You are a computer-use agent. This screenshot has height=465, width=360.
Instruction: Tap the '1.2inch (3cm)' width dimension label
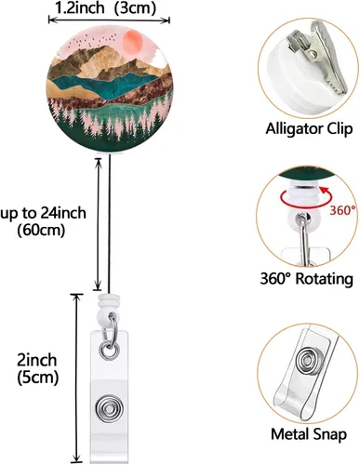105,8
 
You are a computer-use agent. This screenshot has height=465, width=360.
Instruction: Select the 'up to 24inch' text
43,213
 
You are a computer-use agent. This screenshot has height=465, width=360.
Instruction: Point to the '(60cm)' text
41,231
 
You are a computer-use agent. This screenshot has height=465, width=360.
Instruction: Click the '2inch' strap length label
37,361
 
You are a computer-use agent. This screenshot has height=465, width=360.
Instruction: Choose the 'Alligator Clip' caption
309,128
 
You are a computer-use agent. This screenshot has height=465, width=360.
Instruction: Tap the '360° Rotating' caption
306,278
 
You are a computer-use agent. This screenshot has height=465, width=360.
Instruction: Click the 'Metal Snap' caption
309,434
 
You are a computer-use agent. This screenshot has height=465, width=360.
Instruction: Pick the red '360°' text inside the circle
342,211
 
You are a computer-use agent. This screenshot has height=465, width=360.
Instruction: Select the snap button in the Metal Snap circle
308,362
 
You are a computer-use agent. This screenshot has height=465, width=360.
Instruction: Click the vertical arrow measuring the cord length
98,224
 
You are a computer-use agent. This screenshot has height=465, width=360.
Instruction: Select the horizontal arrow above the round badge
110,20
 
